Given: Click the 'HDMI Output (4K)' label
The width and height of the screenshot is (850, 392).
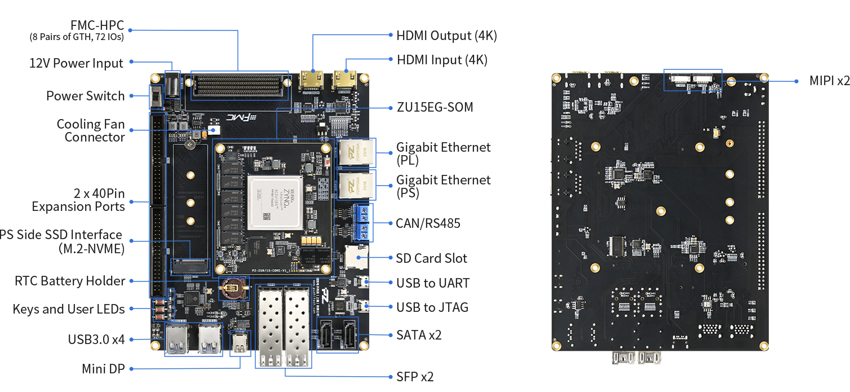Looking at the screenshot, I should point(446,36).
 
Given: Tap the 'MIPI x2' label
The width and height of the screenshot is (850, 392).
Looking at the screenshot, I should point(829,81).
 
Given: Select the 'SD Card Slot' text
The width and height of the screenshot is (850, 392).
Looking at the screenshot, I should point(431,258).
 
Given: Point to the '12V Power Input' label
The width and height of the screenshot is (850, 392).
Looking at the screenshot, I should point(76,63).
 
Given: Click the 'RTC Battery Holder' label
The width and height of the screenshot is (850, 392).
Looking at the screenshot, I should point(70,281).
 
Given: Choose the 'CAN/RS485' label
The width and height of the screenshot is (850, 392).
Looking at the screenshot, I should point(428,223).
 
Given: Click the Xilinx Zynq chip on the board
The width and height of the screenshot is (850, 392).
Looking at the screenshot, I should point(275,201).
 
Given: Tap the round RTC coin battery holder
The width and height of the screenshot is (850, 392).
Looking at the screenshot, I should point(232,288).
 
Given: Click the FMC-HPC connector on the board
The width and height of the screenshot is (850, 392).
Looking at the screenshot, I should point(239,85).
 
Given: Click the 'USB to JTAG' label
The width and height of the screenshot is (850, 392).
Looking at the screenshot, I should point(432,307).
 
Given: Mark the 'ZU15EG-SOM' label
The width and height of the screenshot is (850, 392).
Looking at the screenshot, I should point(435,107).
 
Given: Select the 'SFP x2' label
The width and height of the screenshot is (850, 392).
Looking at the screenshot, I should point(415,377).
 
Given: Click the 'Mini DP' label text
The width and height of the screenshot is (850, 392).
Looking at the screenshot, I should point(103,369).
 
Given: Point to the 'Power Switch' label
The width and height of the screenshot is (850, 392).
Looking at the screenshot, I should point(85,96).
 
